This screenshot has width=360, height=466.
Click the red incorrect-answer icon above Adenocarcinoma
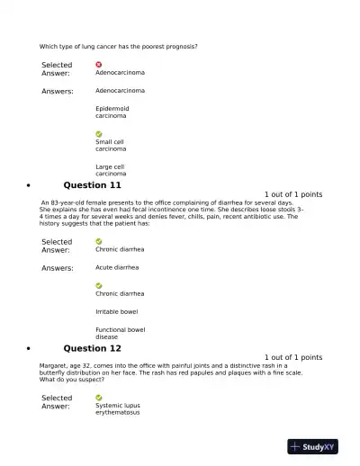coord(99,65)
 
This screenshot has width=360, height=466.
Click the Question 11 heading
coord(92,185)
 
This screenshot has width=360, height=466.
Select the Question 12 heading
coord(92,348)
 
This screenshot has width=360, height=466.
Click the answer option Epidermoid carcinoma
coord(112,112)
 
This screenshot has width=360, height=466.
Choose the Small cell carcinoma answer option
coord(111,145)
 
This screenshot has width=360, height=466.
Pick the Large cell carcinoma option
coord(111,170)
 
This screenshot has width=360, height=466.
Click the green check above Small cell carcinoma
coord(99,134)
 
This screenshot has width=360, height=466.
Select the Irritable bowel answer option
coord(116,311)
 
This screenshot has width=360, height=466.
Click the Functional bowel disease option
coord(120,333)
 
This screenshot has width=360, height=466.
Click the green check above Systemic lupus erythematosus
coord(99,397)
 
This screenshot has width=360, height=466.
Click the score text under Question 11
coord(293,194)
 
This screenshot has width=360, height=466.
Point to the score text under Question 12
coord(293,357)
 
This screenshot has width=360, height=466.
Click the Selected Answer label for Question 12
coord(57,402)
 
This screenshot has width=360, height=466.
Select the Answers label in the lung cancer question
coord(58,91)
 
